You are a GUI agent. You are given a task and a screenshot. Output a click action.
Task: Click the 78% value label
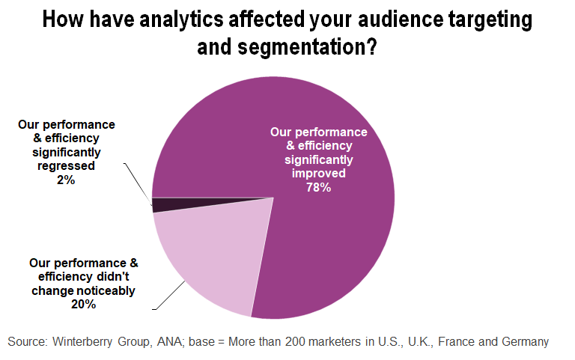point(318,187)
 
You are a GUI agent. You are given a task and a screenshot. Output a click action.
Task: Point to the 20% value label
point(85,304)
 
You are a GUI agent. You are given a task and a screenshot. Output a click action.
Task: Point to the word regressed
point(67,165)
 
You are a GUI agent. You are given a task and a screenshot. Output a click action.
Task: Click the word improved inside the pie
point(318,173)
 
